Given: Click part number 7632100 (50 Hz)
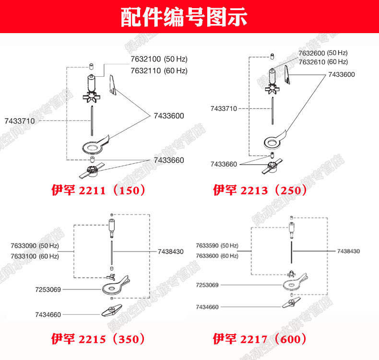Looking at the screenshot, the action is pyautogui.click(x=159, y=60).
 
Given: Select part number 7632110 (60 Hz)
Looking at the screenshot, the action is pyautogui.click(x=159, y=71).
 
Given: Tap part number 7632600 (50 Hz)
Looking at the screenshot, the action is pyautogui.click(x=323, y=53).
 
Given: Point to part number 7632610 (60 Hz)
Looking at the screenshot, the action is pyautogui.click(x=323, y=62).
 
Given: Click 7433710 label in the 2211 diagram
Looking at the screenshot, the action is pyautogui.click(x=20, y=121).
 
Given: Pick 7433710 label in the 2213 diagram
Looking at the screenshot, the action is pyautogui.click(x=224, y=108).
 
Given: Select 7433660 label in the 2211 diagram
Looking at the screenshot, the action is pyautogui.click(x=169, y=160).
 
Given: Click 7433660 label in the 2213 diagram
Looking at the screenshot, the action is pyautogui.click(x=224, y=164).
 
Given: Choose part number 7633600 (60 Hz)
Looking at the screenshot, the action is pyautogui.click(x=217, y=255).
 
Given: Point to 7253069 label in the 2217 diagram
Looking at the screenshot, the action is pyautogui.click(x=207, y=285).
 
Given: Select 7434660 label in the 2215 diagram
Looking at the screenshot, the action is pyautogui.click(x=48, y=315).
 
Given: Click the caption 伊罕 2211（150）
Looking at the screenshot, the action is pyautogui.click(x=98, y=190).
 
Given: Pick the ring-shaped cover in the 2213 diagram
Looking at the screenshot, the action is pyautogui.click(x=273, y=142).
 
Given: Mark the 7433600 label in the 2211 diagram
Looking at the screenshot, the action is pyautogui.click(x=169, y=116).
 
